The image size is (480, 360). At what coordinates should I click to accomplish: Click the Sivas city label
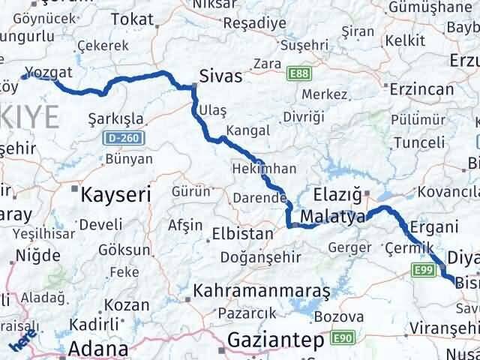click(221, 76)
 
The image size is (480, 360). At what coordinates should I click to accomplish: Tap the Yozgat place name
click(49, 73)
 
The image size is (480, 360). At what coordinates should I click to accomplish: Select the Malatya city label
click(332, 217)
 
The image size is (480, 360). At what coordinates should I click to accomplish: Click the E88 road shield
click(300, 73)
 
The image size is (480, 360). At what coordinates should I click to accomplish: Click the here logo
click(21, 343)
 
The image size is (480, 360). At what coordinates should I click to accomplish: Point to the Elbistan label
click(243, 233)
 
